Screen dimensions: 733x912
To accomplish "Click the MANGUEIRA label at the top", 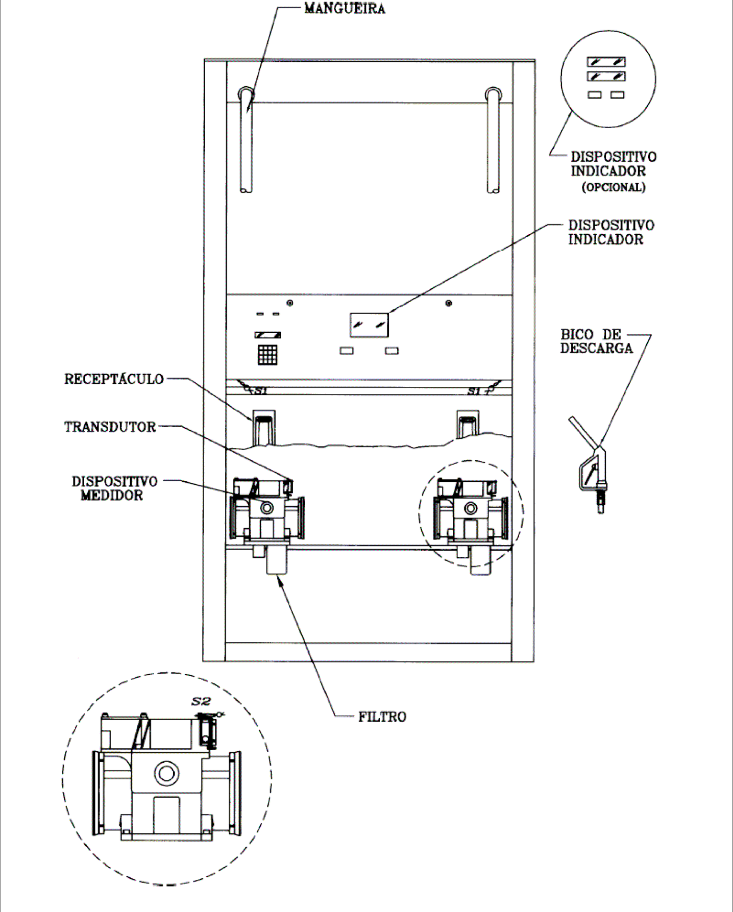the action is (x=345, y=8).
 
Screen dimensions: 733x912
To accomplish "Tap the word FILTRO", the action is (x=382, y=717).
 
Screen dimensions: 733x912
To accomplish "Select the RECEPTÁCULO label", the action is (x=114, y=379).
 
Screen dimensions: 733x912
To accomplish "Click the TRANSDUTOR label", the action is (x=110, y=427).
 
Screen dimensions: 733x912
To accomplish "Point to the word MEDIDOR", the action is (x=112, y=495).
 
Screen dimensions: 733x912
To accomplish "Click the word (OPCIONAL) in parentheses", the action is (x=614, y=187).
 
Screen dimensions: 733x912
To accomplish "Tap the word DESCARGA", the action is (x=596, y=348).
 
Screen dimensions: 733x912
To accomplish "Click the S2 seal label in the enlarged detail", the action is (x=201, y=701).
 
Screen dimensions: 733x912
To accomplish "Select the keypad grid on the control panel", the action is (x=267, y=354).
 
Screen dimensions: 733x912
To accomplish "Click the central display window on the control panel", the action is (x=369, y=325).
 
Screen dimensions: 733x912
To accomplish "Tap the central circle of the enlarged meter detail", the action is (x=166, y=774).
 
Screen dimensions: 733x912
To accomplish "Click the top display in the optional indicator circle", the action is (x=606, y=62).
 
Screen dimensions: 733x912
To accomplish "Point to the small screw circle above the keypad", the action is (x=290, y=303).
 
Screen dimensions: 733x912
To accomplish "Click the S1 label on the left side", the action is (x=261, y=391).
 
